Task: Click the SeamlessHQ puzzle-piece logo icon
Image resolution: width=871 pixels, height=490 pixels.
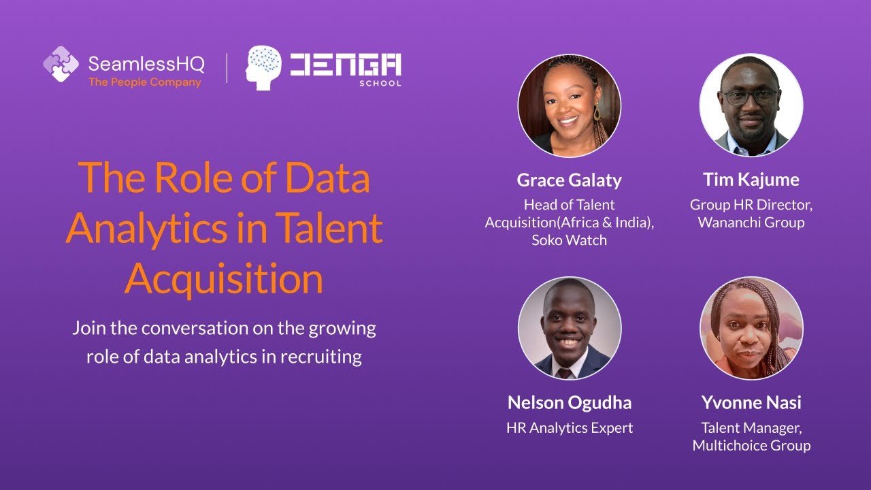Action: click(61, 64)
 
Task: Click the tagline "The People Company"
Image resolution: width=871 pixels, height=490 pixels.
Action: click(145, 82)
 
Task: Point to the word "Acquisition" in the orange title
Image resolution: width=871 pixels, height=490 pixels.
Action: click(224, 279)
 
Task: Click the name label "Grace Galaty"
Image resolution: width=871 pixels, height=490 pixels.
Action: click(569, 180)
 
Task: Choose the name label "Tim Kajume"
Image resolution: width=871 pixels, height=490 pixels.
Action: click(751, 179)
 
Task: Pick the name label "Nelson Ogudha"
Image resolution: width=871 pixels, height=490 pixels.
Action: click(569, 402)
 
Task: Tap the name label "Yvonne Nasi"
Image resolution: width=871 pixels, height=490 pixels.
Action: click(751, 402)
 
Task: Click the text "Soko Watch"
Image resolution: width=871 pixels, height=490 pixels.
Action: click(569, 240)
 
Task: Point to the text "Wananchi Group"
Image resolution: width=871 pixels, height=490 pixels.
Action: click(751, 223)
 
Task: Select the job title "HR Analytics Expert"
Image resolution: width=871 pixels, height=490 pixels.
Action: click(569, 427)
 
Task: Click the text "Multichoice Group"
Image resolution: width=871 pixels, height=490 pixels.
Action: click(751, 446)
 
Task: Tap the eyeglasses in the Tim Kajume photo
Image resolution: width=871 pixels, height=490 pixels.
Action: click(751, 97)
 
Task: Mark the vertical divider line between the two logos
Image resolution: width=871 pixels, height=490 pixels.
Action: click(227, 68)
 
